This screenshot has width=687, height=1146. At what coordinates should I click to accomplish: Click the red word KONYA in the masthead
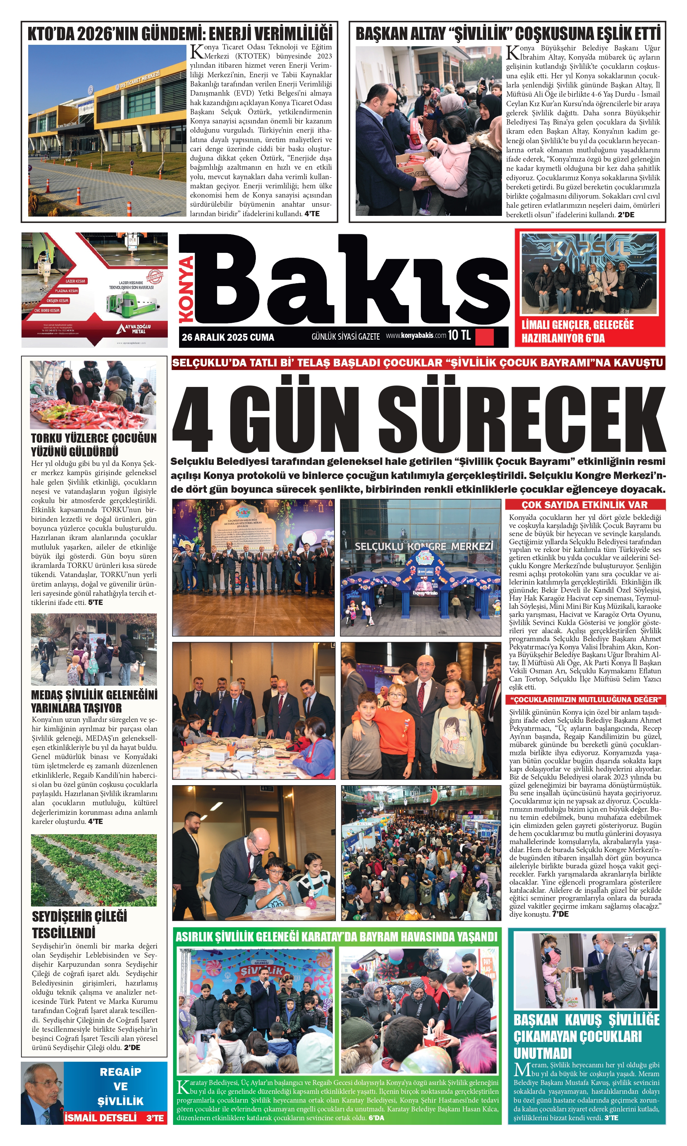pyautogui.click(x=186, y=290)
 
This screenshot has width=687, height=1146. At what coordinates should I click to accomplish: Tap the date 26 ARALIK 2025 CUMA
pyautogui.click(x=228, y=337)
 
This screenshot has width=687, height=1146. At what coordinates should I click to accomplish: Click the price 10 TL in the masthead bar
pyautogui.click(x=459, y=335)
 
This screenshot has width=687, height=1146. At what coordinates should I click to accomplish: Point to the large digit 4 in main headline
pyautogui.click(x=192, y=420)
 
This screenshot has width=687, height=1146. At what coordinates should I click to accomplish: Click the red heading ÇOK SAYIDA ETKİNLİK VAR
pyautogui.click(x=585, y=504)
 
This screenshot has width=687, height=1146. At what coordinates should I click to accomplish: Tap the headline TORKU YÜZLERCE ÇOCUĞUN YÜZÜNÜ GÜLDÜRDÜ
pyautogui.click(x=93, y=445)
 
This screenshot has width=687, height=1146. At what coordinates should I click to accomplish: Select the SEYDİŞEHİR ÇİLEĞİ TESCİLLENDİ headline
pyautogui.click(x=80, y=924)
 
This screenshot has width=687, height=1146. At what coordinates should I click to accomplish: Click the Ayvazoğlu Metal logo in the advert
pyautogui.click(x=135, y=328)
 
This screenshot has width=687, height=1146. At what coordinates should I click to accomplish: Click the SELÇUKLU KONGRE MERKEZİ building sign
pyautogui.click(x=424, y=547)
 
